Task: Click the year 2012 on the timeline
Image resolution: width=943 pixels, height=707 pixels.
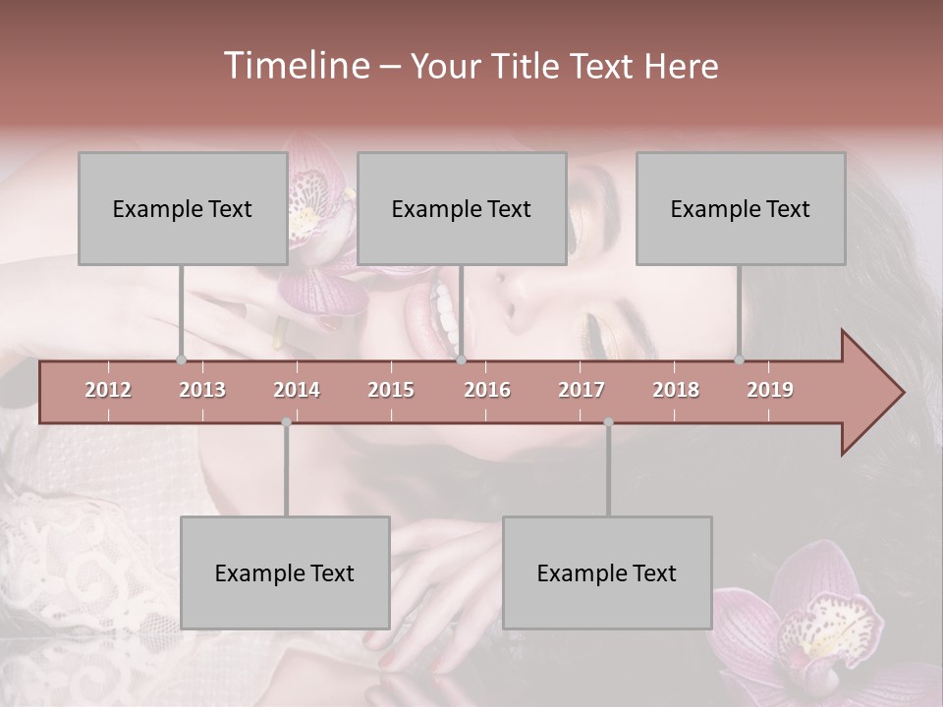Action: pyautogui.click(x=108, y=390)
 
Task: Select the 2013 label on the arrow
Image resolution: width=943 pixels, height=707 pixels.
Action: pyautogui.click(x=202, y=390)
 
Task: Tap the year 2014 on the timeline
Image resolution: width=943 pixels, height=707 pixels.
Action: pyautogui.click(x=297, y=390)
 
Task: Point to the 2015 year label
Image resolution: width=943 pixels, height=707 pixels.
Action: pyautogui.click(x=391, y=390)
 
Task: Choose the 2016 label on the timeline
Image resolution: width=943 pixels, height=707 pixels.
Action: pyautogui.click(x=487, y=390)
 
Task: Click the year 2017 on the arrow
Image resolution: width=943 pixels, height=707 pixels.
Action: pyautogui.click(x=582, y=390)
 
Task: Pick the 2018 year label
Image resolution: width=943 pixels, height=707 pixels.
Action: pyautogui.click(x=676, y=390)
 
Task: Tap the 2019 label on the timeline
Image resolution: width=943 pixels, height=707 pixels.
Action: pyautogui.click(x=770, y=390)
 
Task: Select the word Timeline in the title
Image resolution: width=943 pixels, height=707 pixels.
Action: pyautogui.click(x=295, y=66)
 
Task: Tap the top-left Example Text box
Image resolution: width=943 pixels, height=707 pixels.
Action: pyautogui.click(x=183, y=208)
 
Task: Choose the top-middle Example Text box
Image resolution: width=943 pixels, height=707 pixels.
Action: pyautogui.click(x=462, y=208)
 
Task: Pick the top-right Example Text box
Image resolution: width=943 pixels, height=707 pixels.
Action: pyautogui.click(x=741, y=208)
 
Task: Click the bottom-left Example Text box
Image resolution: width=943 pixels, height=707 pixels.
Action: pyautogui.click(x=285, y=572)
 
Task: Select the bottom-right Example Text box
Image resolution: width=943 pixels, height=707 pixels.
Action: pyautogui.click(x=607, y=572)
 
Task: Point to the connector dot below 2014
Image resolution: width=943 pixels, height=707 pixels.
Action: pyautogui.click(x=286, y=422)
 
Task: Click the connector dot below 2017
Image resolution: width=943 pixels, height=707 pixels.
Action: pyautogui.click(x=608, y=422)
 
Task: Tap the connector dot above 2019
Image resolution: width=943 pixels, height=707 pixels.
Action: pyautogui.click(x=740, y=359)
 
